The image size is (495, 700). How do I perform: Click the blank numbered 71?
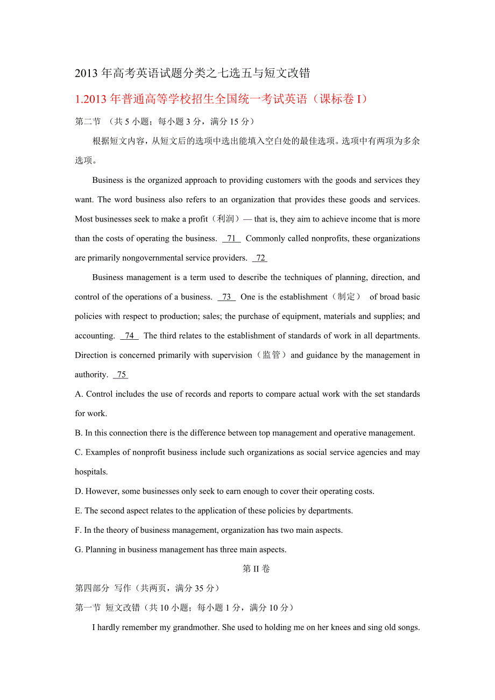point(231,239)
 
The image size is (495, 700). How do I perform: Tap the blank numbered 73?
point(227,297)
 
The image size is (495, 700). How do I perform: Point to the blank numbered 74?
point(129,336)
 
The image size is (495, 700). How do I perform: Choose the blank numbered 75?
point(121,375)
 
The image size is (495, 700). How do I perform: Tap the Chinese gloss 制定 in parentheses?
point(346,297)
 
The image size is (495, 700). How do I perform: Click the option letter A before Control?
point(78,394)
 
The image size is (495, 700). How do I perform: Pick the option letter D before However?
point(78,491)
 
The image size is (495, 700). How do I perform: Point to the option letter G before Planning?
point(78,549)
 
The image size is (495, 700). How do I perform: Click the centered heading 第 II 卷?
point(256,569)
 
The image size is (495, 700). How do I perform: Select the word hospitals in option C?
point(90,472)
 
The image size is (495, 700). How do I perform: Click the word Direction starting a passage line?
point(91,355)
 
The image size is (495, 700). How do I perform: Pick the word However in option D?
point(102,491)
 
